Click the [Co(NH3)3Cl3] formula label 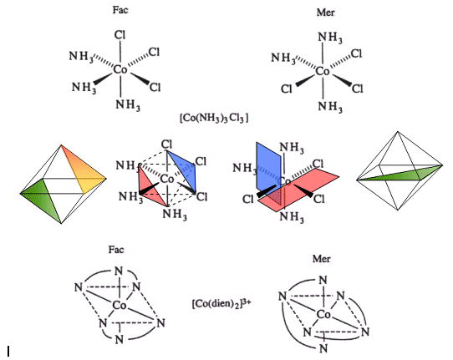pos(214,119)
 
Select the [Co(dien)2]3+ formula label pos(221,303)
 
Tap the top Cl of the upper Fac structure pos(120,35)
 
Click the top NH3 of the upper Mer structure pos(330,38)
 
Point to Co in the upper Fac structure pos(120,69)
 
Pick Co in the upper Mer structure pos(323,71)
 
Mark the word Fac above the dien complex pos(116,250)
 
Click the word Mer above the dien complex pos(321,259)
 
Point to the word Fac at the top pos(120,10)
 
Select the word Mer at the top pos(326,13)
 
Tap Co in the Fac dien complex pos(120,305)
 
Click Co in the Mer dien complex pos(323,314)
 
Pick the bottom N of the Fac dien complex pos(120,339)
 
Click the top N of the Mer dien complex pos(323,280)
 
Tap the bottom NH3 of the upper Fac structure pos(128,104)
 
